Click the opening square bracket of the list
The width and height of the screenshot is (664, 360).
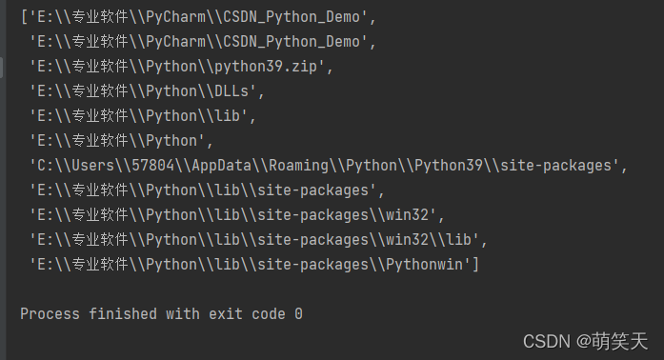24,17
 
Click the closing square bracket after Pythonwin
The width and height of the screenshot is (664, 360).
476,265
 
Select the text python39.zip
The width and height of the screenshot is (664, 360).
266,67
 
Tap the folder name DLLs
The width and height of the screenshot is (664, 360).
231,91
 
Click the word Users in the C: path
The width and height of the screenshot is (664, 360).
93,165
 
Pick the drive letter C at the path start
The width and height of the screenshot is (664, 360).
42,165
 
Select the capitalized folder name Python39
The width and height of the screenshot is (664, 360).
449,166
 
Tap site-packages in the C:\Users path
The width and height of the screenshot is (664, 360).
556,166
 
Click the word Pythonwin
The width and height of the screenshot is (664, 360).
425,265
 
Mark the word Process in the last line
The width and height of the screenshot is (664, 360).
50,314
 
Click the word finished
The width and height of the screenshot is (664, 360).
123,314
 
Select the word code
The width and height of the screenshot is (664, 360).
269,314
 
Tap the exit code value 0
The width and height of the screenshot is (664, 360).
298,314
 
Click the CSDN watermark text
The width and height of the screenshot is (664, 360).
547,341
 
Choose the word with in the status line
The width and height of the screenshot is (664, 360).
183,314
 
